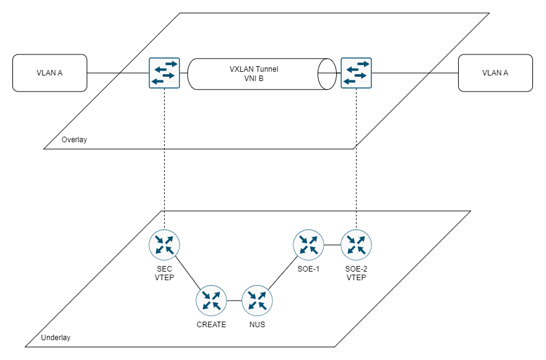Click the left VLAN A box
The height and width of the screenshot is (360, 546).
(50, 73)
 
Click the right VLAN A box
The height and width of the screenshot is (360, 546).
(495, 73)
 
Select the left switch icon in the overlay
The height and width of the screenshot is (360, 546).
(165, 73)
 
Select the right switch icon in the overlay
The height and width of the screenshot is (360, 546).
(356, 73)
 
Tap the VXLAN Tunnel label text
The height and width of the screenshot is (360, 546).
(254, 69)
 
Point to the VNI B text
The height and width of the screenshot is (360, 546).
(254, 79)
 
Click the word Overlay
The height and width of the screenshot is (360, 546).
(74, 140)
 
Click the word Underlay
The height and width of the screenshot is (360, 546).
(56, 338)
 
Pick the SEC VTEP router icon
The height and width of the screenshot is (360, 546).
(165, 245)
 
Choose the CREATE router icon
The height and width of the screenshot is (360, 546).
(211, 301)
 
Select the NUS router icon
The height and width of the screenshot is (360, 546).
(257, 301)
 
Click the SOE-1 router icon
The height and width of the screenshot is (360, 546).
(308, 245)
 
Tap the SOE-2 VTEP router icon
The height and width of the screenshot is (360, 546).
(356, 245)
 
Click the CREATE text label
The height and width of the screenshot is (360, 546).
(211, 325)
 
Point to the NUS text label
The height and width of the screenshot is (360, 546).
(257, 325)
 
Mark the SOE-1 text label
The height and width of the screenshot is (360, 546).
(308, 269)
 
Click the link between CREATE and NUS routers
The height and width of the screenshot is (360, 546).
(234, 301)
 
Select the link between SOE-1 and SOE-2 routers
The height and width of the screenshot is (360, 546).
(332, 245)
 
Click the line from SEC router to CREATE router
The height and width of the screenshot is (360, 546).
(188, 273)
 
